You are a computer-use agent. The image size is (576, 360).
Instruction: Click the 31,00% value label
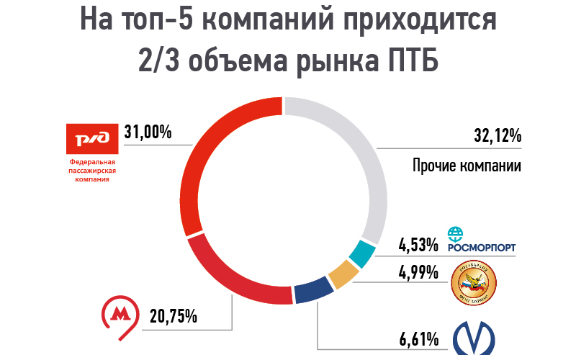click(x=148, y=132)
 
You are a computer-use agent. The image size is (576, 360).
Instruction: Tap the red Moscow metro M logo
click(x=121, y=315)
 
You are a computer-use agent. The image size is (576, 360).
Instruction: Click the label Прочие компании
click(x=467, y=166)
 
